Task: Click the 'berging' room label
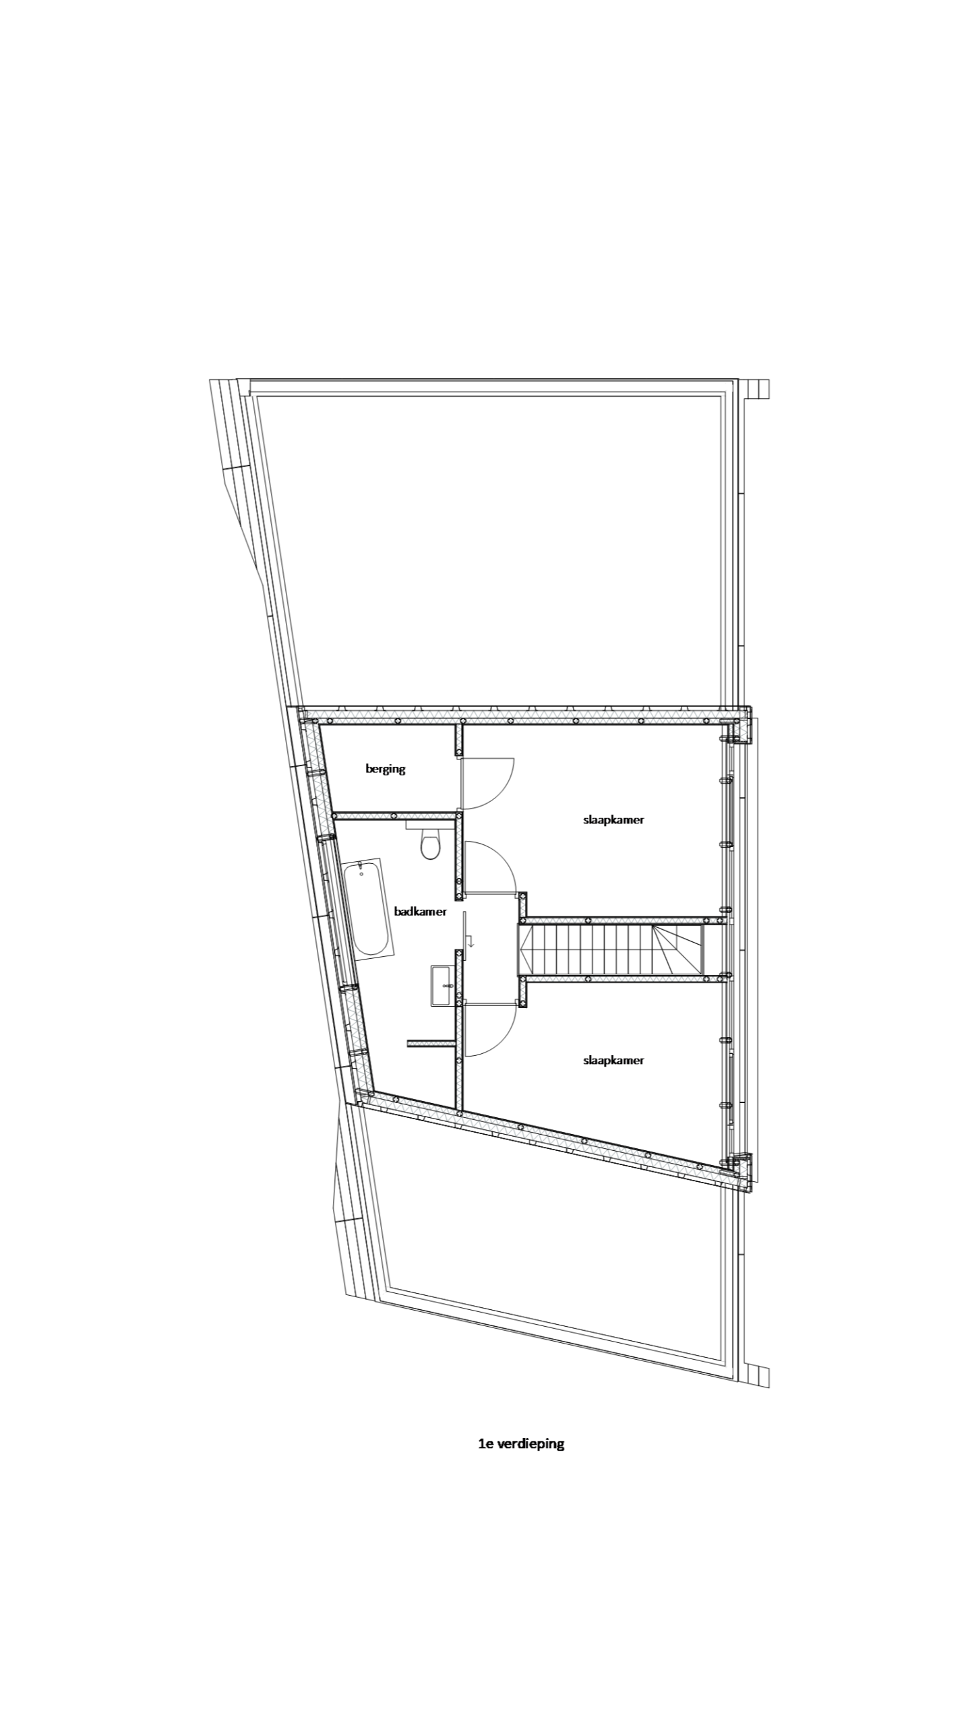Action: click(385, 768)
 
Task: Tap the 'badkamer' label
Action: click(420, 911)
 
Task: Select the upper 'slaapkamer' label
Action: click(613, 820)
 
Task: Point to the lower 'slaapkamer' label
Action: click(613, 1060)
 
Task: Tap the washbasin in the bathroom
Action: click(442, 984)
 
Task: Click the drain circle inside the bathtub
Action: click(361, 874)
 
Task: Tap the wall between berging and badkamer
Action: click(394, 815)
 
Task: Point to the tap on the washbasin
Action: click(445, 984)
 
